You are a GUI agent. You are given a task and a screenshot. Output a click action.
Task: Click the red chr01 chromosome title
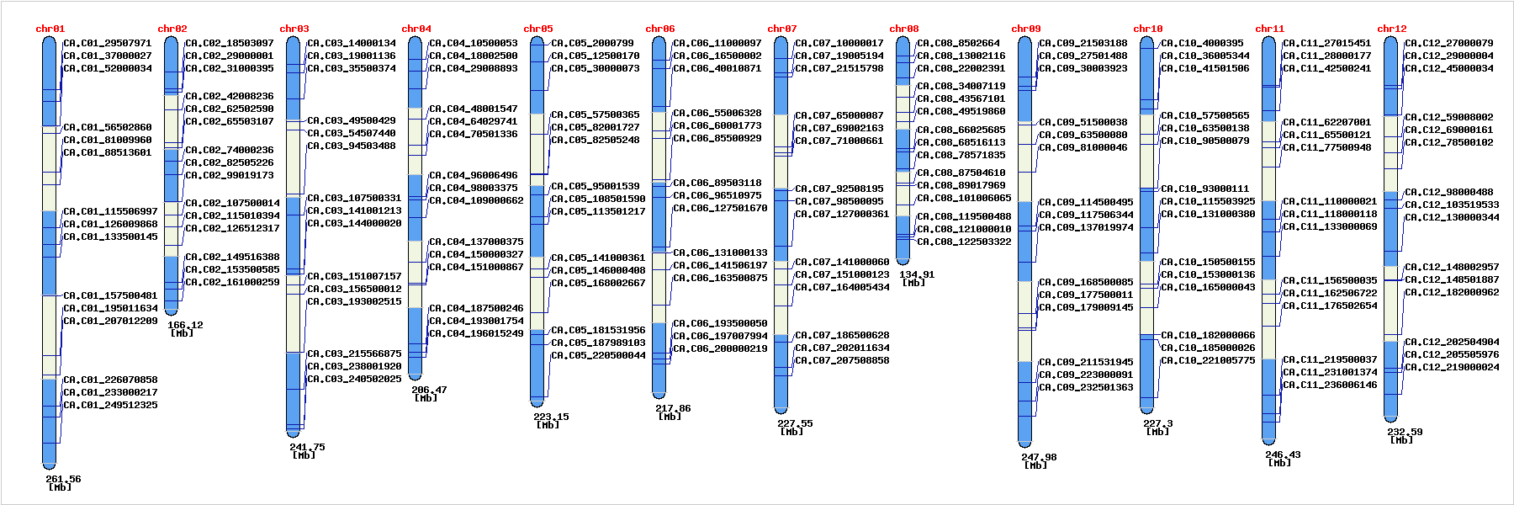[50, 29]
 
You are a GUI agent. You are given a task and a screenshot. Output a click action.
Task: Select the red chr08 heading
[903, 29]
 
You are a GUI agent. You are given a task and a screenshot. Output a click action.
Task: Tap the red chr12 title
[1391, 29]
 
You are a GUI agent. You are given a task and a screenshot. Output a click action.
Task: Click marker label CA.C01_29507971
[108, 43]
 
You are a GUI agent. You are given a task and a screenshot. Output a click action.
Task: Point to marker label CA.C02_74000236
[230, 150]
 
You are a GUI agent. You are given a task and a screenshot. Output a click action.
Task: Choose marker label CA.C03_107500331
[354, 198]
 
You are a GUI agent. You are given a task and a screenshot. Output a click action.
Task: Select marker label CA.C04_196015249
[476, 333]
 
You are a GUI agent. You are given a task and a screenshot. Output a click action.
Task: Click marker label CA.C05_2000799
[592, 43]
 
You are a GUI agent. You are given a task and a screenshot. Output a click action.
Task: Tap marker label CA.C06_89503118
[717, 183]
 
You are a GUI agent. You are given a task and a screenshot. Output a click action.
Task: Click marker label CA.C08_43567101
[961, 98]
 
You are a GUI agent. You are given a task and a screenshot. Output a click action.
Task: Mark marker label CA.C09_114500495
[1086, 202]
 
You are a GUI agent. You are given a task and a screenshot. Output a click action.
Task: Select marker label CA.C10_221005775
[1208, 360]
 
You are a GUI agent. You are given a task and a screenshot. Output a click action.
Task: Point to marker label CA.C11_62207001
[1326, 122]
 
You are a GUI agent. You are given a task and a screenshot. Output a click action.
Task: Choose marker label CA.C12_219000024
[1452, 367]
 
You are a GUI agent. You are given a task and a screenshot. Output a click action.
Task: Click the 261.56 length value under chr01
[63, 479]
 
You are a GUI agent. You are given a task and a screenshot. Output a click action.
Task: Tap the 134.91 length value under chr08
[916, 274]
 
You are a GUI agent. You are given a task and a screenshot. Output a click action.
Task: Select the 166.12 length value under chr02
[185, 325]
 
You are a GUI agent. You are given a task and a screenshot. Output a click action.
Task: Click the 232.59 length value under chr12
[1405, 432]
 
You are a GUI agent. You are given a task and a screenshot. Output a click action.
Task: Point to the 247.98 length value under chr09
[1039, 457]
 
